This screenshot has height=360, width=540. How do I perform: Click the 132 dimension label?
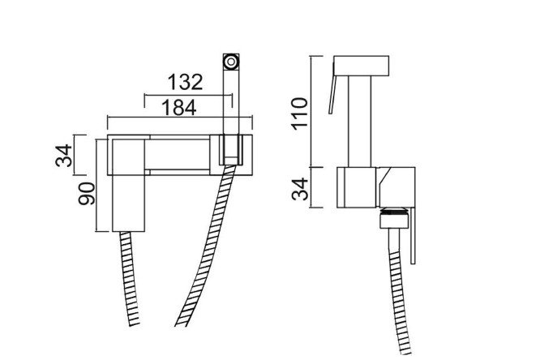click(x=185, y=82)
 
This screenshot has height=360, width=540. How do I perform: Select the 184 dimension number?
click(x=179, y=107)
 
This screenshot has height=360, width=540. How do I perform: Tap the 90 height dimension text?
click(x=87, y=194)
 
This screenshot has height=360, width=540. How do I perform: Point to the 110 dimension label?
click(x=300, y=114)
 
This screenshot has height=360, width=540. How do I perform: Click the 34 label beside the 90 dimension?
click(x=64, y=156)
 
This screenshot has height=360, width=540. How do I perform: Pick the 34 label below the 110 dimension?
click(x=300, y=189)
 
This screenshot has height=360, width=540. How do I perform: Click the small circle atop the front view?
click(x=231, y=62)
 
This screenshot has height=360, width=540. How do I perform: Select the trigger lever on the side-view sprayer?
click(x=332, y=88)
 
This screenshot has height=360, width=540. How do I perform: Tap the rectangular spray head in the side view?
click(x=362, y=66)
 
